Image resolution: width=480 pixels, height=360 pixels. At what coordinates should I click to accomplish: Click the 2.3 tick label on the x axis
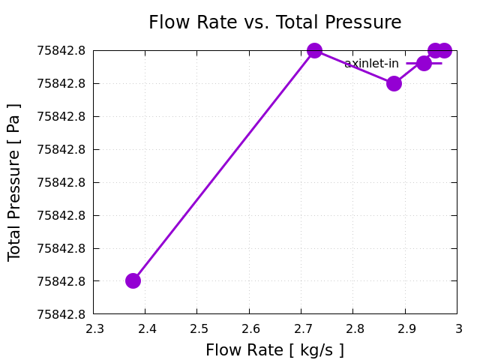click(93, 328)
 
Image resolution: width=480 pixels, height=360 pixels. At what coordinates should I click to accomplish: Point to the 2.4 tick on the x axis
click(145, 328)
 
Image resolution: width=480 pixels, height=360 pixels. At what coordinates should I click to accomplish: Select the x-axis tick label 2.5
click(197, 328)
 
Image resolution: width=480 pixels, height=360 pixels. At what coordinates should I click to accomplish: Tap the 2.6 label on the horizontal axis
click(250, 328)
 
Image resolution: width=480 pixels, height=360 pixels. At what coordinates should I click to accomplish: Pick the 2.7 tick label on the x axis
click(301, 328)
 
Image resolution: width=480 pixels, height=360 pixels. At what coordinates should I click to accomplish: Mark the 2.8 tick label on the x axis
click(354, 328)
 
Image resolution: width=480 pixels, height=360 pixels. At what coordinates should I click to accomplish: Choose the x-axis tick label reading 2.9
click(406, 328)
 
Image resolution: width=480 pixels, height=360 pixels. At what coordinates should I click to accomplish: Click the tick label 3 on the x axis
click(458, 328)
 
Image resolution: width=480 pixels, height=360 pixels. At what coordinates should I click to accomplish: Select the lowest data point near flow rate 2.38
click(133, 280)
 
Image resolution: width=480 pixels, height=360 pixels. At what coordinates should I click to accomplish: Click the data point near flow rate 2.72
click(314, 50)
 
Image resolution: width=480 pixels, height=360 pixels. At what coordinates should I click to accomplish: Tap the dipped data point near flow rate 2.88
click(394, 83)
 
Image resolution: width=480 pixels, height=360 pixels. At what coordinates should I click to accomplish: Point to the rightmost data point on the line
click(444, 50)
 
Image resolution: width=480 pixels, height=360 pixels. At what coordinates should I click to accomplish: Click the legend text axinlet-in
click(371, 64)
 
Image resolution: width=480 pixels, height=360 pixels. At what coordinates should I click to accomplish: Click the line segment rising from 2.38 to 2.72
click(223, 165)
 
